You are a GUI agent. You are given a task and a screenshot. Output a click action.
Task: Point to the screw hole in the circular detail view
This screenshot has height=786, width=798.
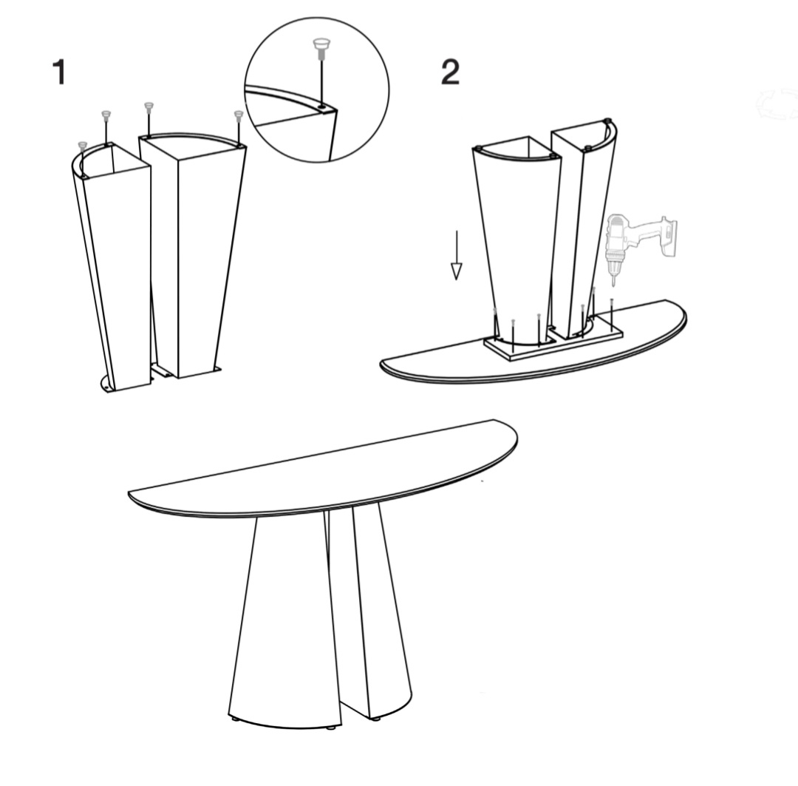point(323,107)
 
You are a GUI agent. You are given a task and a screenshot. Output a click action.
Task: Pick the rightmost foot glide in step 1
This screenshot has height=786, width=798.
point(239,118)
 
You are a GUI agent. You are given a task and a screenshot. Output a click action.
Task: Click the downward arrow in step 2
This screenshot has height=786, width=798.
point(457,254)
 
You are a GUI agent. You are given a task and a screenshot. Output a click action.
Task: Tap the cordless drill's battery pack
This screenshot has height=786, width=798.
point(669,238)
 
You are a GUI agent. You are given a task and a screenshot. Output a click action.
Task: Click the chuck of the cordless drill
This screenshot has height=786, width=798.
point(614,261)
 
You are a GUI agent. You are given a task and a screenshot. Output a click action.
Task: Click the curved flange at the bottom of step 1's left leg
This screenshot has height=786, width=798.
point(107,384)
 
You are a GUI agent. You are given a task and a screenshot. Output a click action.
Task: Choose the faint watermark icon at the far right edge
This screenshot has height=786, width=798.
point(777,104)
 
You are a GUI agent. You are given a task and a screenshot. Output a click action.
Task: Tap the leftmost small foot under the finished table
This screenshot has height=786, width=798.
point(235,719)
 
